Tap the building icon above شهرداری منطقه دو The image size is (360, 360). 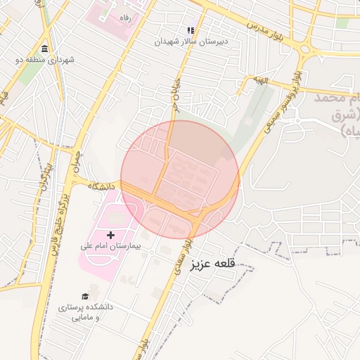point(45,49)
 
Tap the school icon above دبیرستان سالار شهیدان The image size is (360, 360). point(190,30)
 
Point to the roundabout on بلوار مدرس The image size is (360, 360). point(304,49)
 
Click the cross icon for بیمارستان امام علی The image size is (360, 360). point(110,233)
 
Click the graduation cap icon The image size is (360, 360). point(85,297)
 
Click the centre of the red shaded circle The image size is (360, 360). point(180,179)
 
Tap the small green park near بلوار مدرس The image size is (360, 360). point(342,23)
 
